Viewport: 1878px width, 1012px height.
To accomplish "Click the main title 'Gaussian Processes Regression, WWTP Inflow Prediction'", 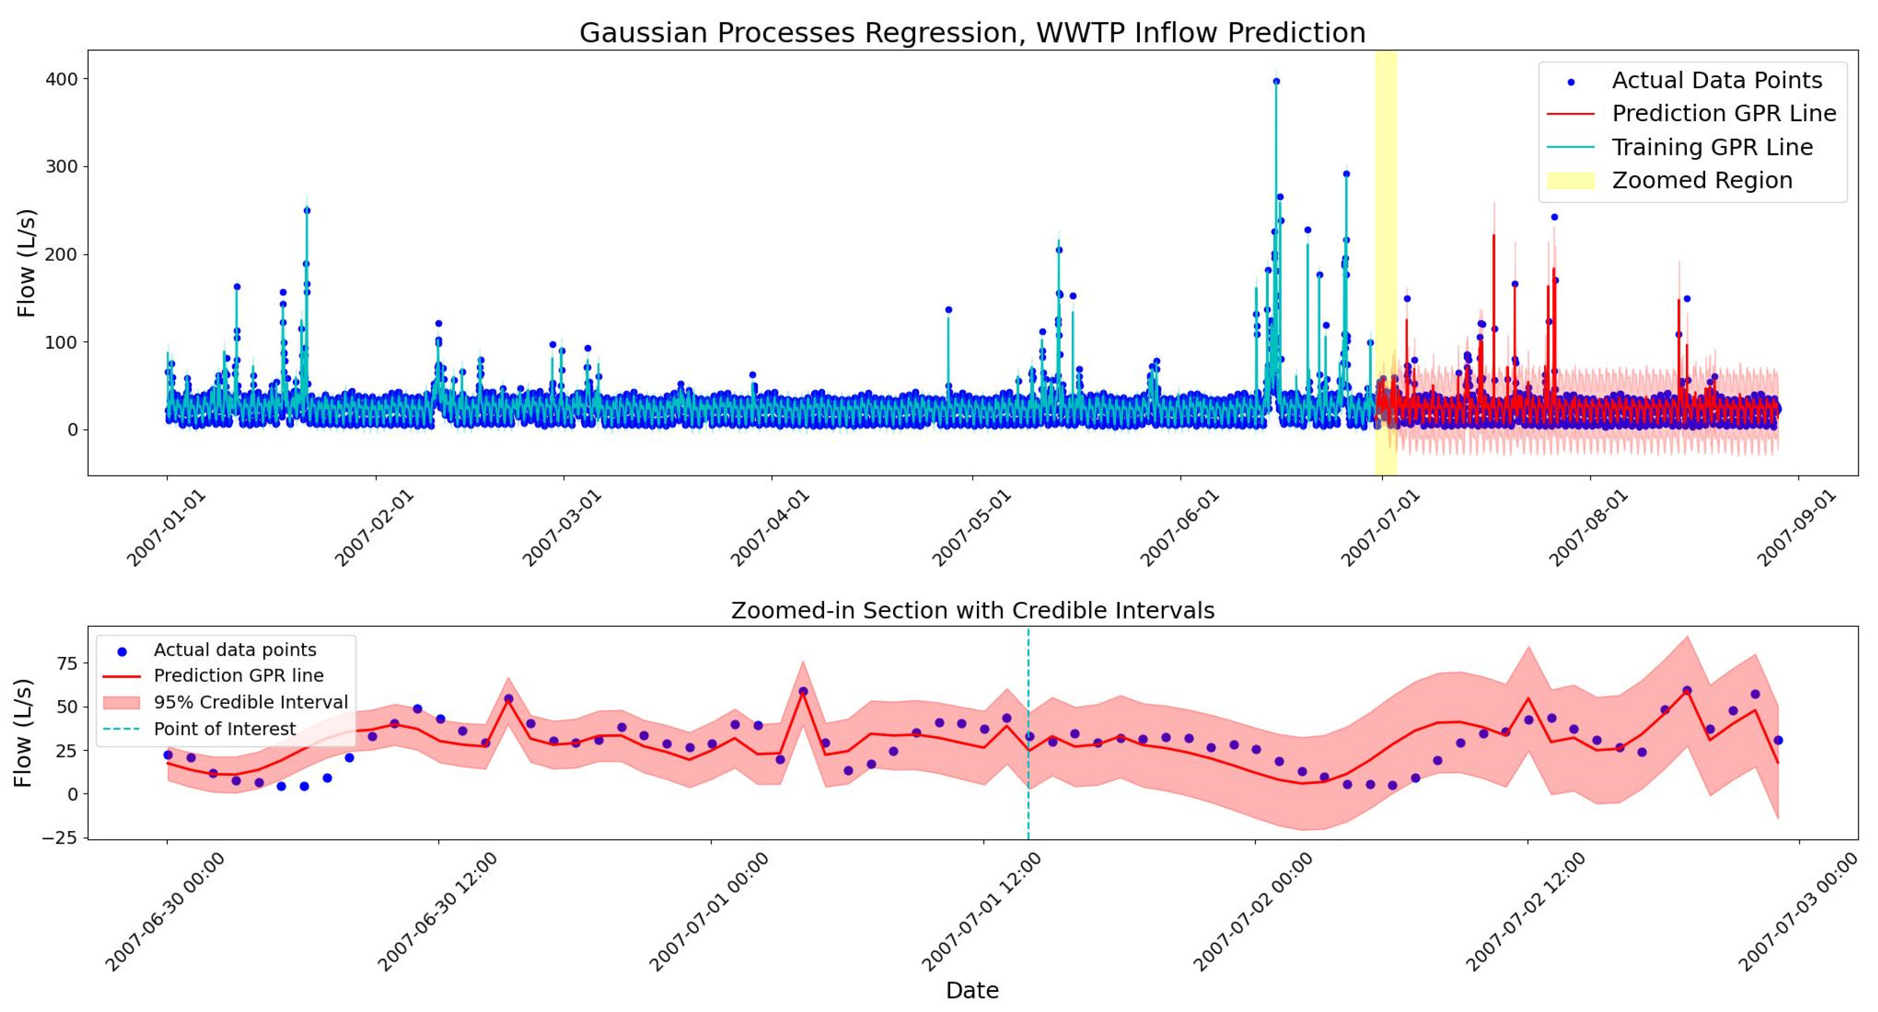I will coord(972,33).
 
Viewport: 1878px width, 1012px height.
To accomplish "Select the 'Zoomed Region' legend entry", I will coord(1702,180).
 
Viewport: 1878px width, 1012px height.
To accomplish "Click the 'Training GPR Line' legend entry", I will coord(1712,147).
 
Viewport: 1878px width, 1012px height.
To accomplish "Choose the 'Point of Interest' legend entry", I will coord(224,728).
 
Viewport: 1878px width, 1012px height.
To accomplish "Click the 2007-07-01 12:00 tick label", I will coord(981,912).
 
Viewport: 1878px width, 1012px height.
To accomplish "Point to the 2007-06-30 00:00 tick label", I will coord(165,912).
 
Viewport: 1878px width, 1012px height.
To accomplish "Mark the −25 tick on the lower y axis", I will coord(59,838).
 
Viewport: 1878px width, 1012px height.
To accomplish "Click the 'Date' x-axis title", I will coord(972,990).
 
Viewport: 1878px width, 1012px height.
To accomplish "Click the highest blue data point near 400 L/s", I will coord(1276,82).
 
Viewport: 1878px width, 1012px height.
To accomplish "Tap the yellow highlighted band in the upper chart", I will coord(1385,219).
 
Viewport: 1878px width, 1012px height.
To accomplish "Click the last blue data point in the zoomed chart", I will coord(1778,740).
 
